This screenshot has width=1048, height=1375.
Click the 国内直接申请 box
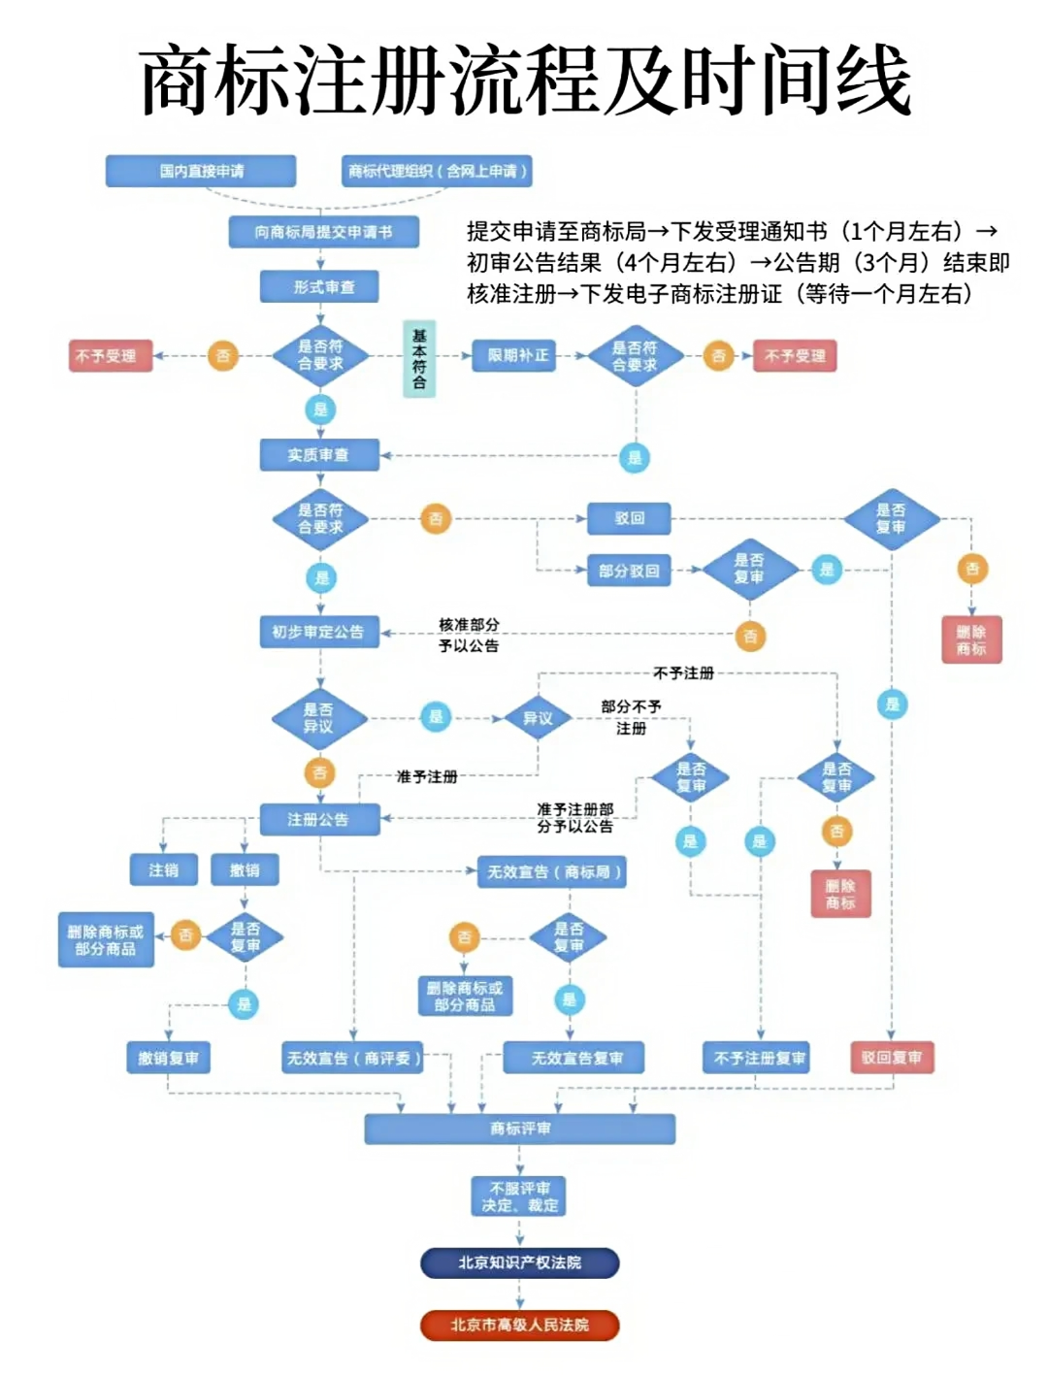pos(201,171)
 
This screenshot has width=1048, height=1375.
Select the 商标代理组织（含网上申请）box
pos(437,171)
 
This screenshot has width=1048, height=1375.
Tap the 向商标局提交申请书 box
pos(323,232)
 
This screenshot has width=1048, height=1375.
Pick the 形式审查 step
pos(319,287)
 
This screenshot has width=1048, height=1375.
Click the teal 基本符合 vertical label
pos(419,360)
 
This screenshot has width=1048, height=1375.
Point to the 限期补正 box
pos(518,355)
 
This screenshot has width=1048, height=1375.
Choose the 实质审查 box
pos(318,454)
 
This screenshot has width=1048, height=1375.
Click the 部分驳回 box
pos(629,571)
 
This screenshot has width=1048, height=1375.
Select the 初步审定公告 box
pos(318,632)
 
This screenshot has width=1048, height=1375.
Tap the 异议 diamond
pos(538,718)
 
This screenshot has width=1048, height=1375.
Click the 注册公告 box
pos(318,819)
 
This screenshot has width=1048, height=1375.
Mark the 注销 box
pos(163,869)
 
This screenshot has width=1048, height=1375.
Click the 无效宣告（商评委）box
pos(353,1058)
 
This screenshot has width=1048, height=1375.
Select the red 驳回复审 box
pos(891,1057)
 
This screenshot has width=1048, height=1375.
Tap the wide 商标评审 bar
pos(519,1129)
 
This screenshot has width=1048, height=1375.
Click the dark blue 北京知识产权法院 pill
pos(519,1262)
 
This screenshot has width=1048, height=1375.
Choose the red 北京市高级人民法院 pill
pos(519,1325)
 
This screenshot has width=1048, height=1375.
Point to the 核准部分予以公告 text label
pos(469,635)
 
